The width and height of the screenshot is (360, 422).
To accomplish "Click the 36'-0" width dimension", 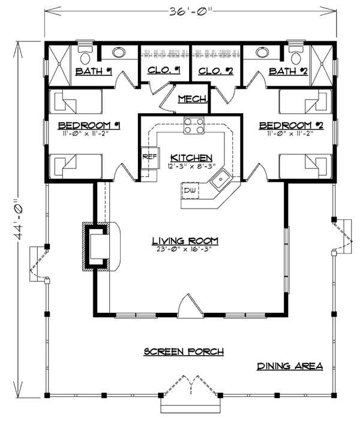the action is [191, 11].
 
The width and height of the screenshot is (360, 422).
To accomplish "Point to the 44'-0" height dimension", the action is [19, 219].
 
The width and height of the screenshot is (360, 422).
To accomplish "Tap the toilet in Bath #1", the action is [86, 55].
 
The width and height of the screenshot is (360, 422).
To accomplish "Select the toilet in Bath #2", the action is [296, 55].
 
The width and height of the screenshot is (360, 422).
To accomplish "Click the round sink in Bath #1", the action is [119, 52].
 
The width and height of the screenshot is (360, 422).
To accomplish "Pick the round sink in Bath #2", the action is [262, 52].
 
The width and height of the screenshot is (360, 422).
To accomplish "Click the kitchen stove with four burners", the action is [194, 126].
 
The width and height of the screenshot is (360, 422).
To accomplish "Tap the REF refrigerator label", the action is [149, 156].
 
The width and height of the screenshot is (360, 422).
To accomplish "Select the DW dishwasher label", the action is [190, 191].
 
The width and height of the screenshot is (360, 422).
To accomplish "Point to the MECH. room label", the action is [193, 99].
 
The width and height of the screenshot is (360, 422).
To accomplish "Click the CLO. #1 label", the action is [164, 71].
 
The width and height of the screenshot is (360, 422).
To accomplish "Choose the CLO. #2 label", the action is [216, 71].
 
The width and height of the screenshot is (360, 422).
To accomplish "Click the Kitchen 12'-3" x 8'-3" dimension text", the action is [191, 166].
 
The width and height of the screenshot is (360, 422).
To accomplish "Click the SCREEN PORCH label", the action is [184, 351].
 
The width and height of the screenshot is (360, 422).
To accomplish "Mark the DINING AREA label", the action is [290, 366].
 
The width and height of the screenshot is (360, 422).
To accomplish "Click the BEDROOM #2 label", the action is [291, 125].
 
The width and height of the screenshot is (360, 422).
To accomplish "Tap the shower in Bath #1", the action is [59, 65].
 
